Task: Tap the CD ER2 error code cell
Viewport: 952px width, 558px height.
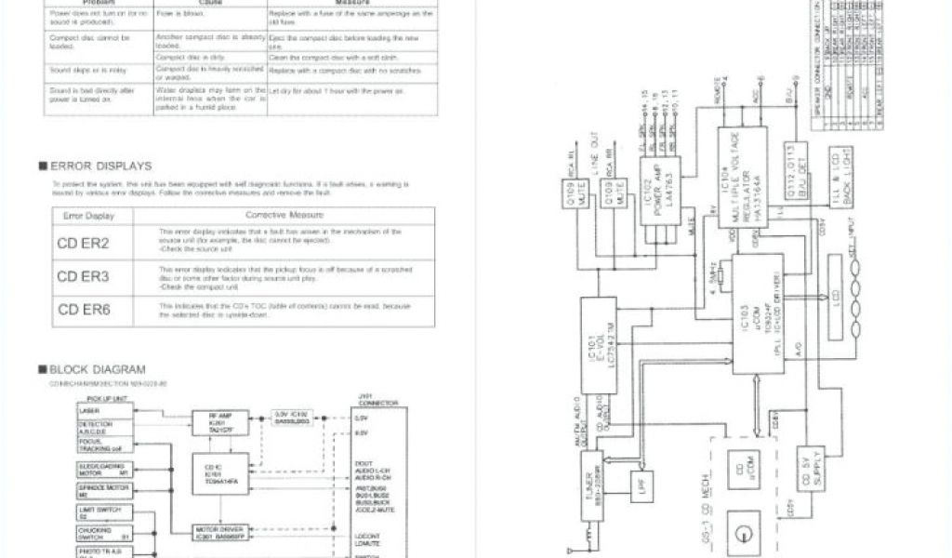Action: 83,244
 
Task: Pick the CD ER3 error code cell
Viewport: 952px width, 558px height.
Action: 83,276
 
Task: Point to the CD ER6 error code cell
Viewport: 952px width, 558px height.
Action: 83,309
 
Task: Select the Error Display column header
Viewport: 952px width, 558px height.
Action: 89,215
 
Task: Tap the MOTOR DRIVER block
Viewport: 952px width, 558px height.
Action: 219,533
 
